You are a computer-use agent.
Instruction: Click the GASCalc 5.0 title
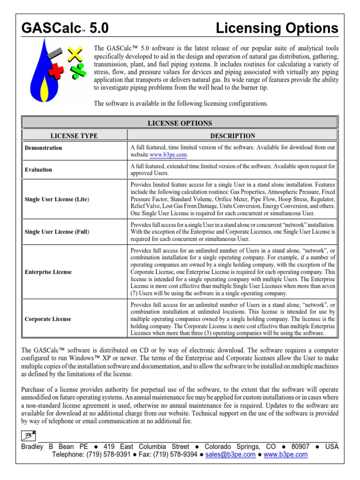(65, 29)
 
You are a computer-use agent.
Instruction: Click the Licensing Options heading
(277, 29)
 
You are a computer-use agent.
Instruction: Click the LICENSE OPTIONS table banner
(180, 123)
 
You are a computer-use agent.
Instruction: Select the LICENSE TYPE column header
(74, 136)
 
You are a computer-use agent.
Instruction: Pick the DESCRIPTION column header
(232, 136)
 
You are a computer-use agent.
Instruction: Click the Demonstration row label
(43, 148)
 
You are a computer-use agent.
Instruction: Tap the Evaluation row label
(38, 170)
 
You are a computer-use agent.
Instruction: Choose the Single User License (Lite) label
(57, 199)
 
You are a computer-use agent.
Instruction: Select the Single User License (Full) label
(57, 232)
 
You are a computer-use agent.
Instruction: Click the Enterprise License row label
(48, 272)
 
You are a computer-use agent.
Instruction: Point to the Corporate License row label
(48, 319)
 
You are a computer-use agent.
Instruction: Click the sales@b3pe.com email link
(231, 455)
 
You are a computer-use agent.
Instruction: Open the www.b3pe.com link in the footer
(286, 455)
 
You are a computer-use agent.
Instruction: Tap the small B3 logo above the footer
(29, 435)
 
